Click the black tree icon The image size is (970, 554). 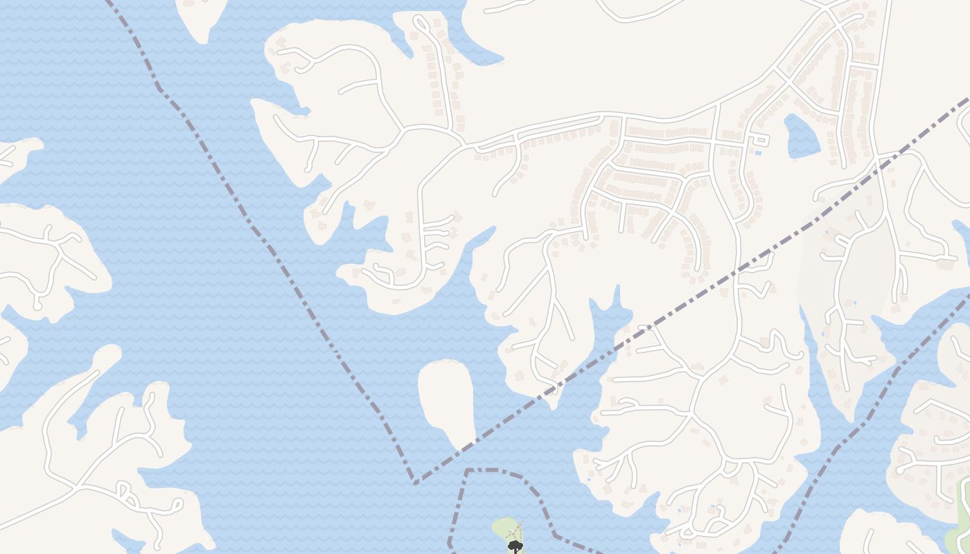[515, 546]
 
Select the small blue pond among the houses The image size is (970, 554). [802, 136]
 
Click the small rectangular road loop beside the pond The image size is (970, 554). [760, 141]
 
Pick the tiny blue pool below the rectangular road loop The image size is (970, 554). [758, 152]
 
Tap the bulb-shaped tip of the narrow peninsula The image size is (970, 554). [109, 353]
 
